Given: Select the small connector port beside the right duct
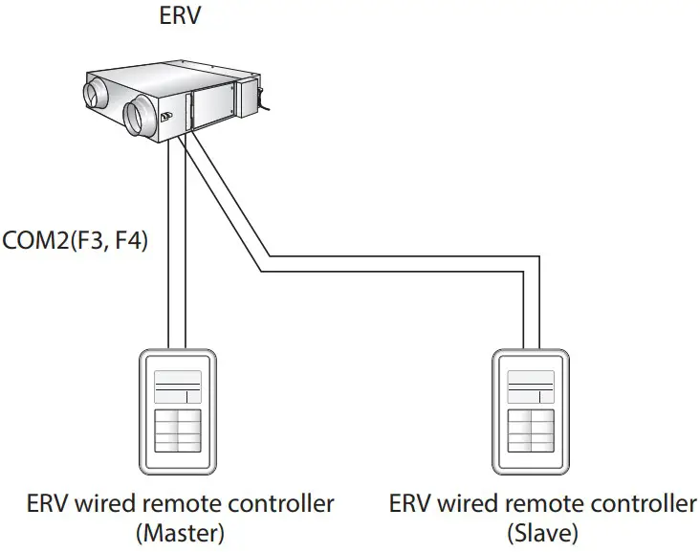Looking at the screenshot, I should click(166, 118).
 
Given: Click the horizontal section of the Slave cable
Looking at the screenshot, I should click(392, 264).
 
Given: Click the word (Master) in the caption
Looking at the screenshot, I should click(181, 531).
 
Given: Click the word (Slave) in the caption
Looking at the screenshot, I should click(543, 531).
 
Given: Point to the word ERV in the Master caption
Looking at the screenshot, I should click(45, 504).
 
